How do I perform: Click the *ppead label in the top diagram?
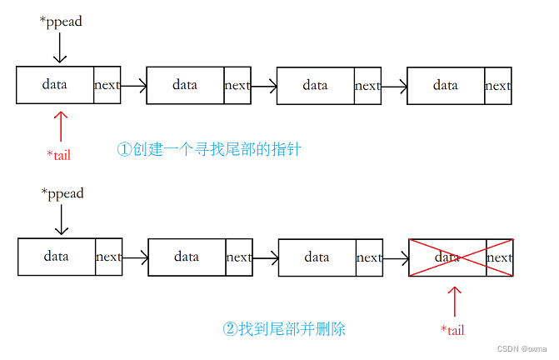click(x=61, y=22)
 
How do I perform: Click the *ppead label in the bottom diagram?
click(x=62, y=193)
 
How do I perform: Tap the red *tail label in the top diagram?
click(x=59, y=154)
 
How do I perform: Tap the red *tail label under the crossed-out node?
click(x=452, y=330)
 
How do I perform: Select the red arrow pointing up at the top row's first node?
click(x=59, y=126)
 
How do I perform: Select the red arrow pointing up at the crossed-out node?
click(x=454, y=300)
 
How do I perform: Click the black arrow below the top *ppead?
click(x=59, y=47)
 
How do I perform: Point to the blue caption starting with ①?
click(x=208, y=150)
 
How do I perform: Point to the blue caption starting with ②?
click(x=284, y=329)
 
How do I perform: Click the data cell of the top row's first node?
click(x=55, y=85)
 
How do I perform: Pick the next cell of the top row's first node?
click(x=107, y=85)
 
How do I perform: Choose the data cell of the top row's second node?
click(x=185, y=85)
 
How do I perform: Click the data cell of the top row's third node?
click(x=315, y=85)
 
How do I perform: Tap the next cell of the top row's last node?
click(x=497, y=85)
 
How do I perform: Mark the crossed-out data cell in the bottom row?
click(x=447, y=257)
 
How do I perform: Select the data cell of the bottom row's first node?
click(x=57, y=257)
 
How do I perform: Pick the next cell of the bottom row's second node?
click(x=238, y=257)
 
